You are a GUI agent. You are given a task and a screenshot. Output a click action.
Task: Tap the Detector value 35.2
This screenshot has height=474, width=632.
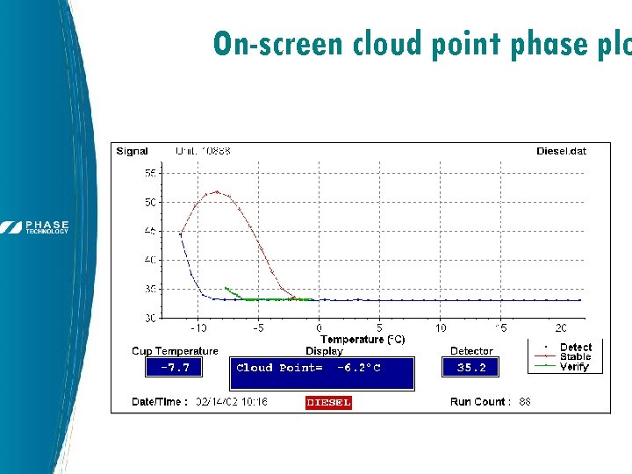tap(470, 368)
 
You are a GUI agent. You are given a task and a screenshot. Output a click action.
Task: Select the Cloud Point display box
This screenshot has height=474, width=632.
tap(321, 371)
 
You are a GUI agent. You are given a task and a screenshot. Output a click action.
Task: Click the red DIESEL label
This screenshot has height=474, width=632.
tap(328, 402)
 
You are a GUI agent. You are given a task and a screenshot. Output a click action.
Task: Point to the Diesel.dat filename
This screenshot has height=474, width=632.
tap(561, 151)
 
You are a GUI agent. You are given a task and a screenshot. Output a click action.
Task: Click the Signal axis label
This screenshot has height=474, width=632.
tap(133, 151)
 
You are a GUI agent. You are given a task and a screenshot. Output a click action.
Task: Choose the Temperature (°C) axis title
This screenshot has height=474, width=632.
tap(363, 339)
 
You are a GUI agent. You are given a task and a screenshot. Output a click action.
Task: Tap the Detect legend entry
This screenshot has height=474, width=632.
tap(575, 348)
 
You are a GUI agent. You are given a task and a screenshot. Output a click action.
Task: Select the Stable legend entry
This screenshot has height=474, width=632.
tap(575, 357)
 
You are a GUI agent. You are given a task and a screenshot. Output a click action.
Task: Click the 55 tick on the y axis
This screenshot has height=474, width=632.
tap(150, 174)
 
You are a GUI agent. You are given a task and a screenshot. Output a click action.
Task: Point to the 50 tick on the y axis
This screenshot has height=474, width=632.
tap(150, 203)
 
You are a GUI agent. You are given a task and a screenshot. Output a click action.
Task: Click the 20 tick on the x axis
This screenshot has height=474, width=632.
tap(561, 328)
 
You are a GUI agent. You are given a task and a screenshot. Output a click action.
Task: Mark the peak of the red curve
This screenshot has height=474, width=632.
tap(217, 191)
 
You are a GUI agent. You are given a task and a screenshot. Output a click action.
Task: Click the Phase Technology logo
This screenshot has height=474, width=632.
tap(36, 226)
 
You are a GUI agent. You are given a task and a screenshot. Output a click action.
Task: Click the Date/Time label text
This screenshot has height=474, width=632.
tap(160, 401)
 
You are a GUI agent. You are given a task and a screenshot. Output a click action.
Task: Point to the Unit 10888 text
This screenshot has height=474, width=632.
tap(204, 151)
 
